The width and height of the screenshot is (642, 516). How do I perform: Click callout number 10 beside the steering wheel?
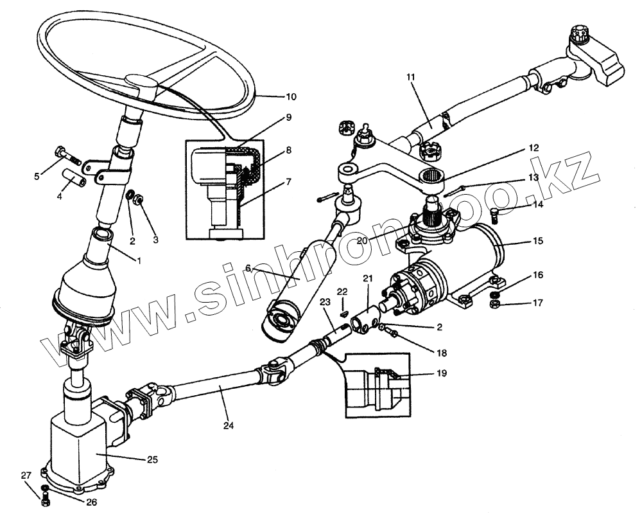click(291, 97)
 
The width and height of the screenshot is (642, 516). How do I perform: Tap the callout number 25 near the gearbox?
click(152, 459)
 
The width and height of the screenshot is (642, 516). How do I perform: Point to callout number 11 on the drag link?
click(411, 77)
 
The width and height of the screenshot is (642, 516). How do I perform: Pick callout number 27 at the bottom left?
click(26, 476)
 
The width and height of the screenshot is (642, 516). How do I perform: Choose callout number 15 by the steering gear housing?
click(537, 242)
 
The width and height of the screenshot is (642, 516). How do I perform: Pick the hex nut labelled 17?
click(496, 301)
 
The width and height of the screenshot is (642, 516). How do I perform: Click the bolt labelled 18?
click(386, 329)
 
